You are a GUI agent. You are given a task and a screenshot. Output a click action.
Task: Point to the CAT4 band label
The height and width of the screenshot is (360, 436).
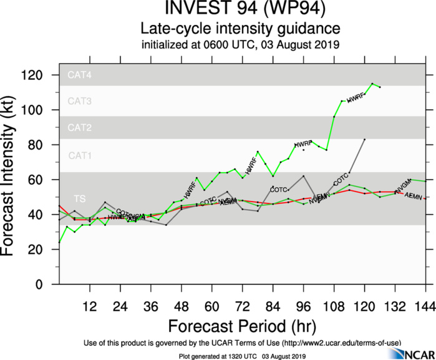click(80, 75)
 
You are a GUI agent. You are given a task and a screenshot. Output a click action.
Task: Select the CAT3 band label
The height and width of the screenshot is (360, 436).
click(80, 100)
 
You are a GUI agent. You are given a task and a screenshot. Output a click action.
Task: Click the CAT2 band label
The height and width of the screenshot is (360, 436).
click(80, 128)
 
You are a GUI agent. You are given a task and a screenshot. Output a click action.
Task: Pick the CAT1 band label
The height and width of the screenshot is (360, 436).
click(80, 155)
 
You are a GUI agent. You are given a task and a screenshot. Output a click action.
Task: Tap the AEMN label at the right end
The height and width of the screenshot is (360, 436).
click(414, 195)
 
